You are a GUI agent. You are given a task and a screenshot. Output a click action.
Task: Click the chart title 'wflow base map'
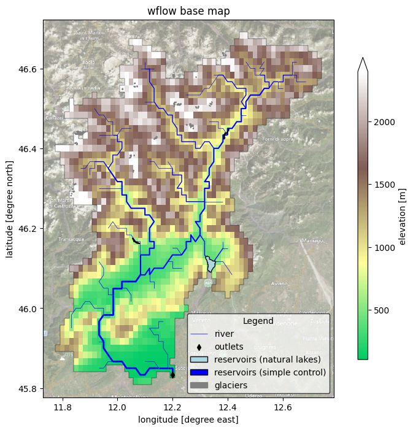click(188, 11)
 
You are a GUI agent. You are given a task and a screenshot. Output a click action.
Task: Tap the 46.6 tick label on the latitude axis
click(28, 69)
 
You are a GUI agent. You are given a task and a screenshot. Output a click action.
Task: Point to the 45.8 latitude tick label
click(28, 388)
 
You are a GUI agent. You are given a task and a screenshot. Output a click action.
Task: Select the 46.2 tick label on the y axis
click(28, 229)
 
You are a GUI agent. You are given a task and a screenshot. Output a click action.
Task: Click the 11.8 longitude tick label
click(62, 407)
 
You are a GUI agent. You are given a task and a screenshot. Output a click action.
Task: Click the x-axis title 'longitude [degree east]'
click(188, 420)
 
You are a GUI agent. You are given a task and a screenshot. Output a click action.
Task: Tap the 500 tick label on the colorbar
click(382, 310)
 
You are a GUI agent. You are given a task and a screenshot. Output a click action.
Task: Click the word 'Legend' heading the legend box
click(258, 321)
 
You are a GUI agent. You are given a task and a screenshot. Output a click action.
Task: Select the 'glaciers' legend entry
click(231, 385)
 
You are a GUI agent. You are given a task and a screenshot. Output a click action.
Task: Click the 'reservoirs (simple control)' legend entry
click(274, 372)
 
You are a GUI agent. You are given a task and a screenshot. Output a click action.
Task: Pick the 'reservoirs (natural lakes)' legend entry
click(271, 359)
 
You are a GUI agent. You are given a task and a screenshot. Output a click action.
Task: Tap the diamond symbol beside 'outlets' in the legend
click(199, 347)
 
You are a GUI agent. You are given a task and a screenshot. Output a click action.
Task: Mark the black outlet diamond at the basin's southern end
click(172, 375)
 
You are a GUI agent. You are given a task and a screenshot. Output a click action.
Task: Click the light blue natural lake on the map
click(211, 264)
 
